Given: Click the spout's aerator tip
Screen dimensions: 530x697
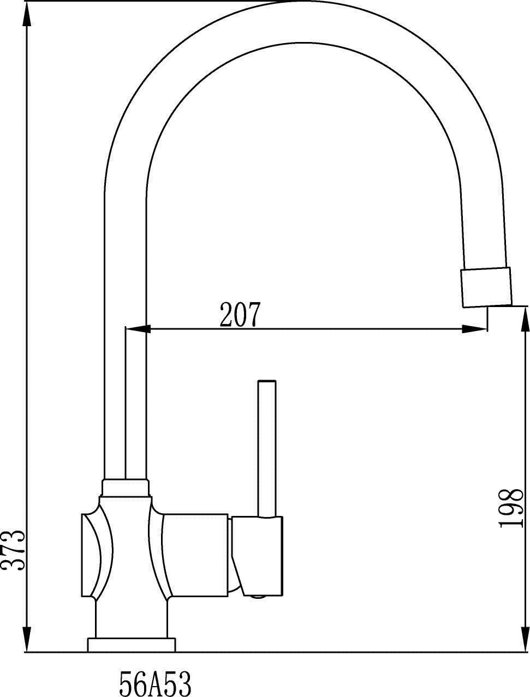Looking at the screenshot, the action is pyautogui.click(x=486, y=287).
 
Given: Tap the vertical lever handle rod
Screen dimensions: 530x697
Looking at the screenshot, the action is pyautogui.click(x=267, y=449).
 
